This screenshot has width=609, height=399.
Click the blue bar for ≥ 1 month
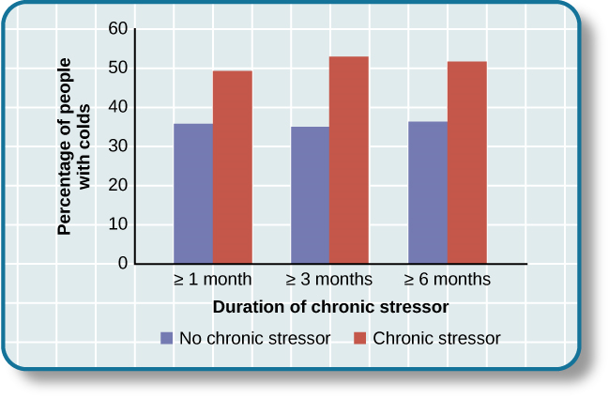[x=193, y=193]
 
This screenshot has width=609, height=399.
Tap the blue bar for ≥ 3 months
[x=310, y=194]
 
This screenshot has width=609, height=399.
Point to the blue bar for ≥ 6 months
[x=428, y=192]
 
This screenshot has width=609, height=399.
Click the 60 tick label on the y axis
[x=118, y=29]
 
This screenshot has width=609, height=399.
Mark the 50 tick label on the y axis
[x=118, y=69]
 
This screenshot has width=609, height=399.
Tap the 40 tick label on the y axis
[x=118, y=107]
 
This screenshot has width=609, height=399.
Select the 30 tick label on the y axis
[x=118, y=146]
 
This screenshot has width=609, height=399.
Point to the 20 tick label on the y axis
[x=118, y=185]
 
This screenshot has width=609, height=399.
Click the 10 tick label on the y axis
[x=118, y=224]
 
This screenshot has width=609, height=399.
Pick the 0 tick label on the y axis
[x=122, y=264]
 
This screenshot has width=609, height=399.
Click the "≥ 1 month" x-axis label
[x=212, y=280]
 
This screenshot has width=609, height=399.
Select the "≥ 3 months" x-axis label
[x=328, y=280]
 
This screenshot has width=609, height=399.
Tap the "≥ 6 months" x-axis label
[x=447, y=280]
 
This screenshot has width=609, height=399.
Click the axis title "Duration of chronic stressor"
[x=329, y=307]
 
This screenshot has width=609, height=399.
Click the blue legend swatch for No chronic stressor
[x=167, y=338]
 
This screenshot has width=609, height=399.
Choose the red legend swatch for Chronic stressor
[x=358, y=338]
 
